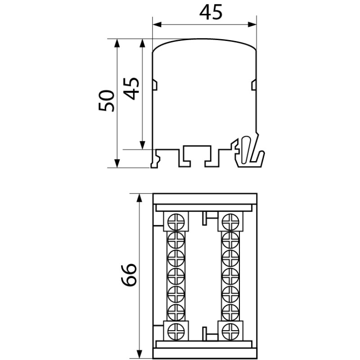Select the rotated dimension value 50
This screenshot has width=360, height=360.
coord(108,100)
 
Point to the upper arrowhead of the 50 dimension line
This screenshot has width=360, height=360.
coord(117,42)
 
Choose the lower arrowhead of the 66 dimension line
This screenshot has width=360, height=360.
coord(139,351)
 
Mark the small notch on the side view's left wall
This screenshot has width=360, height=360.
coord(154,84)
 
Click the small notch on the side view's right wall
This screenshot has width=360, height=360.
coord(254,84)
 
